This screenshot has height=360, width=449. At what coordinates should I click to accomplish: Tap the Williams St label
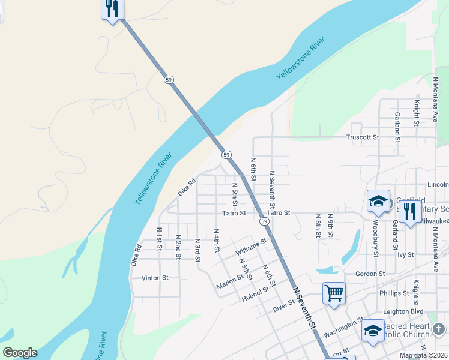251,245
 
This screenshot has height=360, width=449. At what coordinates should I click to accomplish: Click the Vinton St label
155,278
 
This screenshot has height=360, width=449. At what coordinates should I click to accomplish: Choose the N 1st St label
160,239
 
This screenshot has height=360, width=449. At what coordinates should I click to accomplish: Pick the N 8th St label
318,226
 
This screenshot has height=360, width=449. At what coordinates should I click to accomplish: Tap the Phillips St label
394,293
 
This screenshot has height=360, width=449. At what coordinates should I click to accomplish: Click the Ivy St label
406,254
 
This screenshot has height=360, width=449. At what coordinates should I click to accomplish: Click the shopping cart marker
334,293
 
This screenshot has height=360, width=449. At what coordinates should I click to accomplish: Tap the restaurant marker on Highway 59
112,9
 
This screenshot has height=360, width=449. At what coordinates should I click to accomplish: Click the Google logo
20,353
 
